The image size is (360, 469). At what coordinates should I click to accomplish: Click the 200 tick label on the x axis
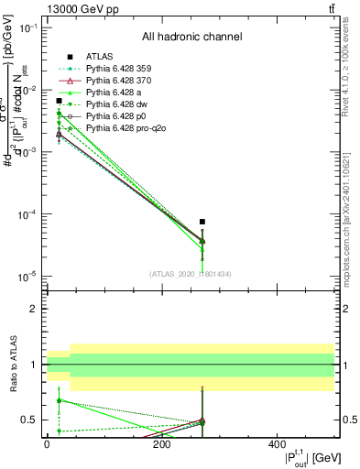(161, 443)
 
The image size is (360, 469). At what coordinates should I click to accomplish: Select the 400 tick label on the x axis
(277, 443)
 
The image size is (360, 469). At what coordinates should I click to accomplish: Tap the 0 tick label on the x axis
(47, 443)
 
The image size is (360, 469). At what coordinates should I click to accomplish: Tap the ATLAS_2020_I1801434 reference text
(191, 273)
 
